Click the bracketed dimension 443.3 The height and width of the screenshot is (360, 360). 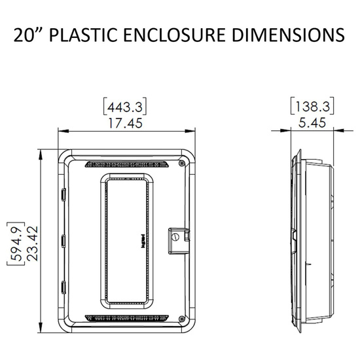pyautogui.click(x=124, y=105)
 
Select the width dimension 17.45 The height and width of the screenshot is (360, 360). pyautogui.click(x=124, y=122)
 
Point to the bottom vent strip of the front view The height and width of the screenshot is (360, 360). pyautogui.click(x=124, y=321)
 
